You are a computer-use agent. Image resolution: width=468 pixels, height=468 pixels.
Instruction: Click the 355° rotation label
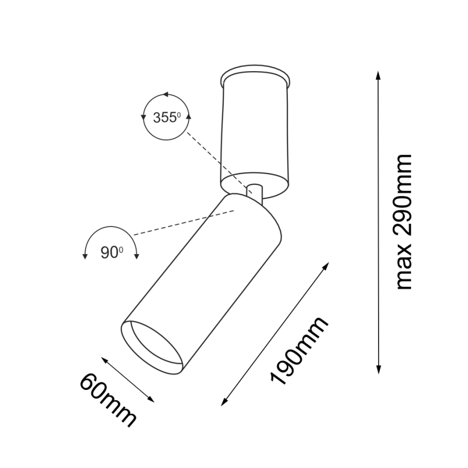(x=167, y=118)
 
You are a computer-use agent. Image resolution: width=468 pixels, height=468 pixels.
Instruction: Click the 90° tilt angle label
(x=112, y=252)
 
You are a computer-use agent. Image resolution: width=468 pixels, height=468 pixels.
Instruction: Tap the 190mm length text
(x=299, y=350)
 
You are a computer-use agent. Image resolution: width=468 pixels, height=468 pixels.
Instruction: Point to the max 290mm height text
(x=403, y=222)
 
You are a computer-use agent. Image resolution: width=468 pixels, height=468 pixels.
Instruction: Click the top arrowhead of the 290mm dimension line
(x=378, y=75)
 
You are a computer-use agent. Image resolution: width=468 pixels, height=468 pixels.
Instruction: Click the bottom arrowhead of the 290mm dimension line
(x=378, y=370)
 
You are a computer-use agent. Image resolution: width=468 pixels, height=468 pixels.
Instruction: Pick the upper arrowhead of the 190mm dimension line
(x=326, y=266)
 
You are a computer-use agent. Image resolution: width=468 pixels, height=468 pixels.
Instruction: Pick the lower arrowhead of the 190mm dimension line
(x=224, y=402)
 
